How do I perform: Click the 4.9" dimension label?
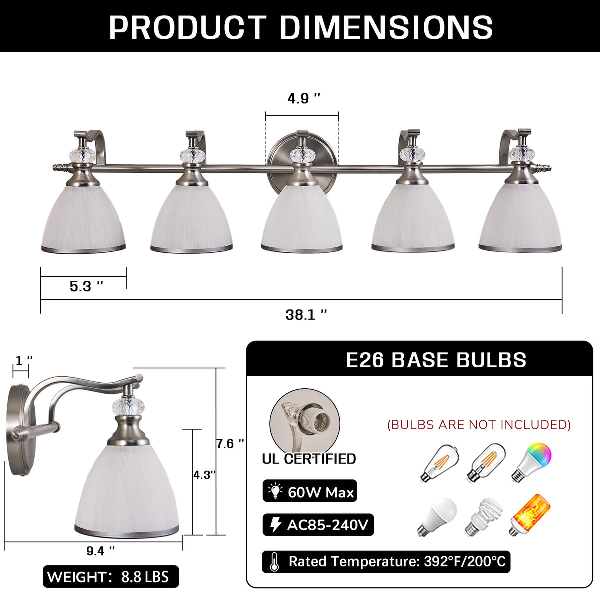pyautogui.click(x=304, y=98)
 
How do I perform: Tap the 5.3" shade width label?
pyautogui.click(x=86, y=286)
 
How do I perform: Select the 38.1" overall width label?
pyautogui.click(x=306, y=315)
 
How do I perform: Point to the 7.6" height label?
pyautogui.click(x=230, y=443)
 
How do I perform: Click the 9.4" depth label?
pyautogui.click(x=100, y=551)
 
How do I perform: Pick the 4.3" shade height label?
pyautogui.click(x=204, y=475)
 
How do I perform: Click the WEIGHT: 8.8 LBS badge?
pyautogui.click(x=111, y=577)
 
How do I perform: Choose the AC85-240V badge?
pyautogui.click(x=318, y=525)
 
